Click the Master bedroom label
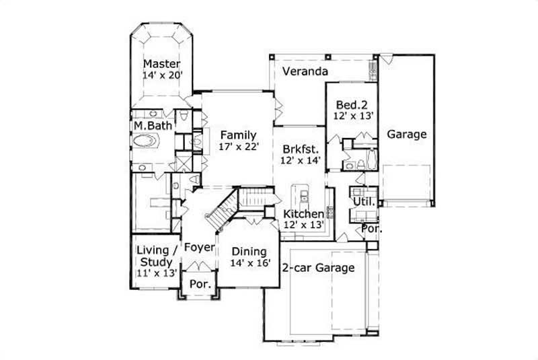click(x=161, y=65)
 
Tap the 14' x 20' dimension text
click(x=161, y=76)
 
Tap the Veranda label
click(x=305, y=71)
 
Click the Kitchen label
click(x=303, y=214)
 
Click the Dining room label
click(x=249, y=252)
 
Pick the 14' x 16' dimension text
click(x=249, y=264)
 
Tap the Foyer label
click(x=199, y=248)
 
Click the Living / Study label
click(x=157, y=256)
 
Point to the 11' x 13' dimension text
click(x=157, y=273)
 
